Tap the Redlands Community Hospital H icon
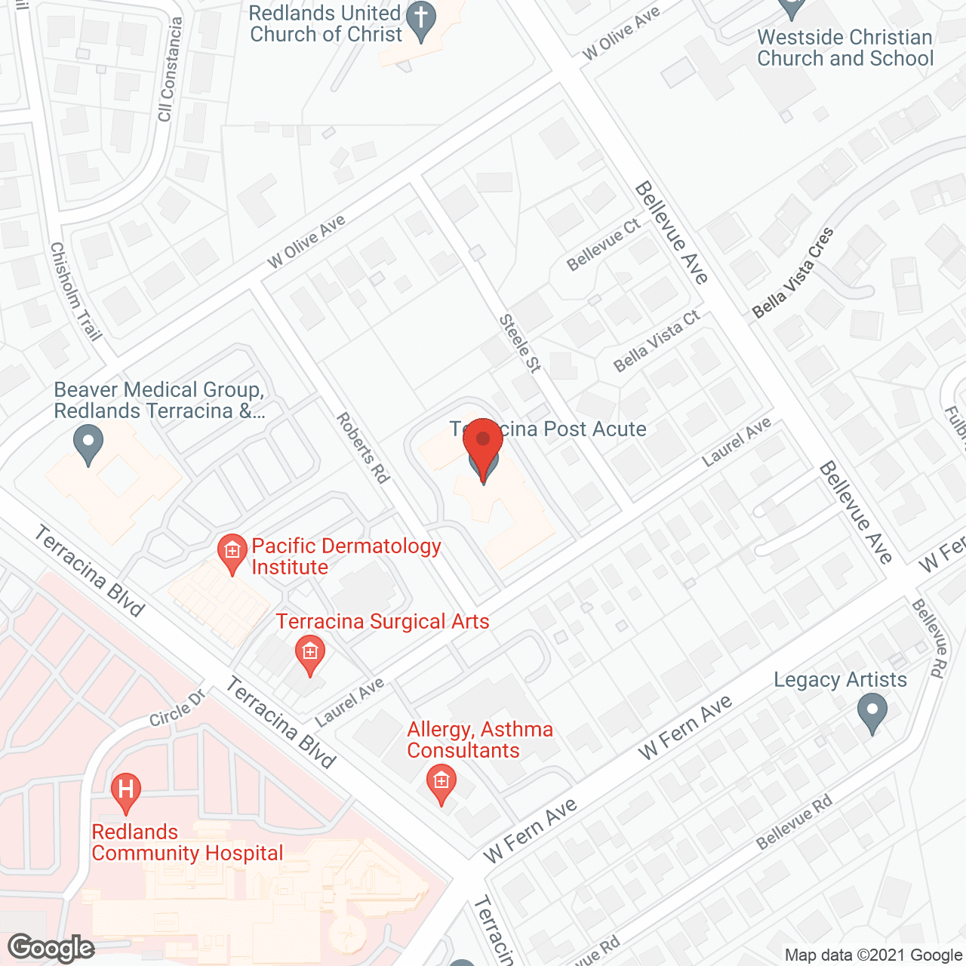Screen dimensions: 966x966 (126, 791)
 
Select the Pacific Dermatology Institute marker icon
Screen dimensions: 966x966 (232, 553)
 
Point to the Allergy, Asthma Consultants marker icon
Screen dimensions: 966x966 (441, 783)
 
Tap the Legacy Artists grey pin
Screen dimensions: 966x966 (872, 712)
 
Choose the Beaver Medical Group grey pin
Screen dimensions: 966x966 (89, 444)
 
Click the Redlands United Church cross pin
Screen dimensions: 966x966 (422, 20)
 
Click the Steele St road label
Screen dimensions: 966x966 (520, 343)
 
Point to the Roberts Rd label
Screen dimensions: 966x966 (363, 448)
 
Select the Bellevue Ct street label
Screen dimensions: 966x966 (604, 244)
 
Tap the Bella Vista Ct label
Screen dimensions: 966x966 (657, 341)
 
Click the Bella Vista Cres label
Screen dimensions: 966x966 (793, 272)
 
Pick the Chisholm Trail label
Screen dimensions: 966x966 (75, 291)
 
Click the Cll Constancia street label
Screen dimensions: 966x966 (170, 69)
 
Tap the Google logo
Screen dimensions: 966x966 (51, 948)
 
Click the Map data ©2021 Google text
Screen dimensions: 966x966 (873, 955)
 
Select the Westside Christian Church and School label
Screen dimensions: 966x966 (845, 48)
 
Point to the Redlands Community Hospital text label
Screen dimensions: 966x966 (187, 843)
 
